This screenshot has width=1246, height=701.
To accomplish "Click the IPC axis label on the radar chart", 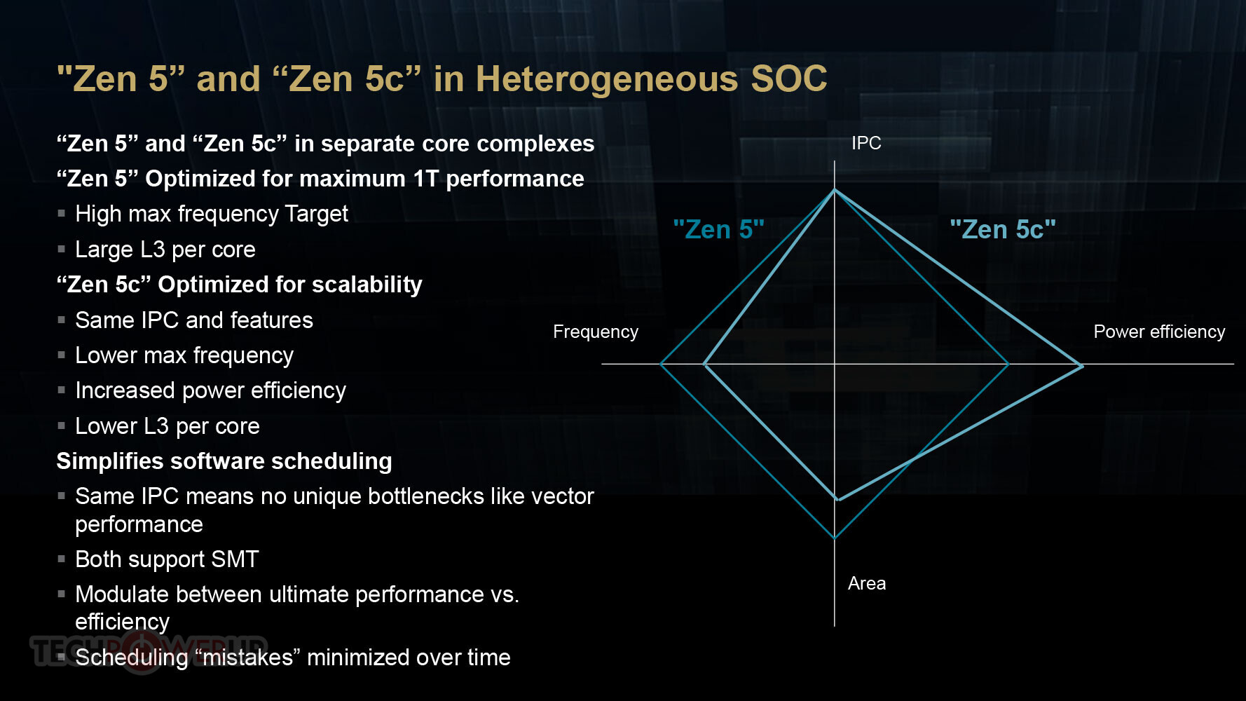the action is pos(866,143).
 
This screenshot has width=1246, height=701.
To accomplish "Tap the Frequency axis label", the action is pos(596,332).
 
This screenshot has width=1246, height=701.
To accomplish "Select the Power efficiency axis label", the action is pos(1159,332).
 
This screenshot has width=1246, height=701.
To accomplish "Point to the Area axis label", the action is pos(867,583).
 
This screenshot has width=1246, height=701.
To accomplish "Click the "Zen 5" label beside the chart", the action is pos(718,229).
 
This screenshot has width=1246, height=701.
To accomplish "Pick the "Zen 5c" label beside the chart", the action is pos(1002,229).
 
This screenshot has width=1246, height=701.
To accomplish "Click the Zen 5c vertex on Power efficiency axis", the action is pos(1081,366).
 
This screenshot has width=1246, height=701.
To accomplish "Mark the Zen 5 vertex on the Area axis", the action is pos(835,538).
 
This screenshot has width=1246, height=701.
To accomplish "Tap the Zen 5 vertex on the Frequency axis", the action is pos(661,364).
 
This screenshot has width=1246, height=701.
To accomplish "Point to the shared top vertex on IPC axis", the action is pos(835,190).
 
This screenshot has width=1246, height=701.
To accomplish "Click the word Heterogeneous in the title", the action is pos(607,79).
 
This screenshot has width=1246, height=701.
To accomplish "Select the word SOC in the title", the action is pos(789,79).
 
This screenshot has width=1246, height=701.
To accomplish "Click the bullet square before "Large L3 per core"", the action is pos(62,249).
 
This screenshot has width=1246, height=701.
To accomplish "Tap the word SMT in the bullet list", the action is pos(235,559).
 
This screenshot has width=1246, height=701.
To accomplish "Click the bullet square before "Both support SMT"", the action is pos(62,559).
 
